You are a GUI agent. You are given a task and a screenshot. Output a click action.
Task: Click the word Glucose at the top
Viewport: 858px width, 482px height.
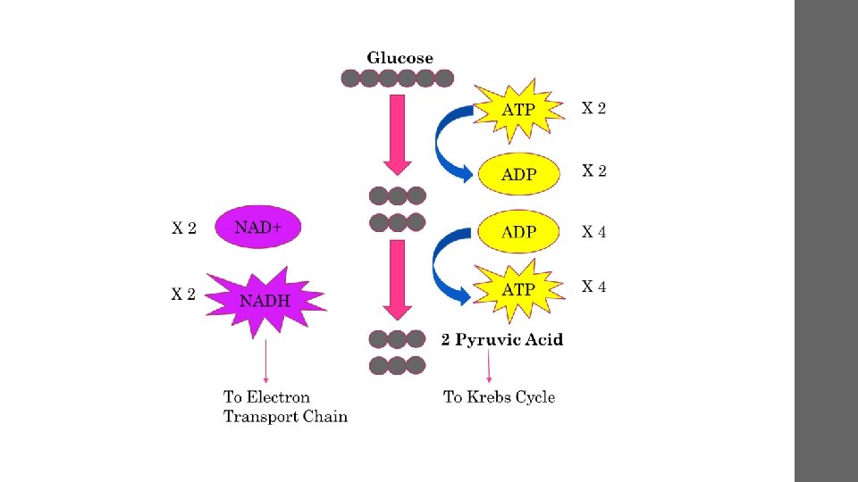pyautogui.click(x=400, y=58)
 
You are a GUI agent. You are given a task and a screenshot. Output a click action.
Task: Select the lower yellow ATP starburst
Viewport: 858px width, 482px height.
pyautogui.click(x=518, y=289)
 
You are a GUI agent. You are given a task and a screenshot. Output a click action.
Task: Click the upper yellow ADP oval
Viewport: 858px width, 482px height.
pyautogui.click(x=518, y=174)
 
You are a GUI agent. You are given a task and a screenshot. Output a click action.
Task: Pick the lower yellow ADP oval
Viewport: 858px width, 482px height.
pyautogui.click(x=518, y=232)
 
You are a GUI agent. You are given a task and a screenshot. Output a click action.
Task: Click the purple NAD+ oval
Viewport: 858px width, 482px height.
pyautogui.click(x=258, y=228)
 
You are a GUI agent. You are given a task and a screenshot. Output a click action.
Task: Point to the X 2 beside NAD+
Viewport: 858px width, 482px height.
pyautogui.click(x=183, y=229)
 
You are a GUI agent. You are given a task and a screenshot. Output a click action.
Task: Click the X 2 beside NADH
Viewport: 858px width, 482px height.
pyautogui.click(x=183, y=294)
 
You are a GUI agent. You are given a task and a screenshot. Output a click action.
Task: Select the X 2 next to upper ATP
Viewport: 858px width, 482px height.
pyautogui.click(x=593, y=109)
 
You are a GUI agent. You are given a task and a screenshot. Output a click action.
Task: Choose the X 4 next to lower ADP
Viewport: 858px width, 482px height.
pyautogui.click(x=593, y=232)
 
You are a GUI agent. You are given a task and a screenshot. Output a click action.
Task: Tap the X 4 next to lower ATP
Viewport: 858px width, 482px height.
pyautogui.click(x=593, y=287)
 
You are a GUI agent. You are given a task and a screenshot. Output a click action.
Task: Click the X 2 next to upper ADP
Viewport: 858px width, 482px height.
pyautogui.click(x=593, y=170)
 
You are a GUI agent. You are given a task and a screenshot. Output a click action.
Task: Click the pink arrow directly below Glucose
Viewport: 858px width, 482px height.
pyautogui.click(x=398, y=134)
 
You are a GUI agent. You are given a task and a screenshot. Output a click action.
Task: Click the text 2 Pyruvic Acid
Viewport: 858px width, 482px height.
pyautogui.click(x=502, y=340)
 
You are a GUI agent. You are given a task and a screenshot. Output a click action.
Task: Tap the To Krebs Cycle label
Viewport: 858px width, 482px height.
pyautogui.click(x=499, y=397)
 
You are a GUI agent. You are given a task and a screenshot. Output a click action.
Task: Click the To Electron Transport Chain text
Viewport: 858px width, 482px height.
pyautogui.click(x=284, y=407)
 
